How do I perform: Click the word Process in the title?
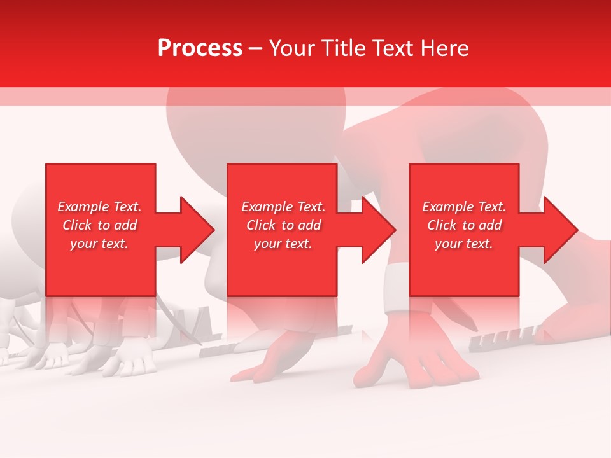[200, 48]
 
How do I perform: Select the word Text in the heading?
[393, 48]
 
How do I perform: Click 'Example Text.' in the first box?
[99, 207]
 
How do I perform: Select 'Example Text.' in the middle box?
[283, 207]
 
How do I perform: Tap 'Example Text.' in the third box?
[464, 207]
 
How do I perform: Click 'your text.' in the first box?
[99, 244]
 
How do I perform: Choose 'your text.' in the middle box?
[283, 244]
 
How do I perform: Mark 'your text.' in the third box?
[464, 244]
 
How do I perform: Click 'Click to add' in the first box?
[99, 225]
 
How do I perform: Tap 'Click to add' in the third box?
[464, 225]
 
